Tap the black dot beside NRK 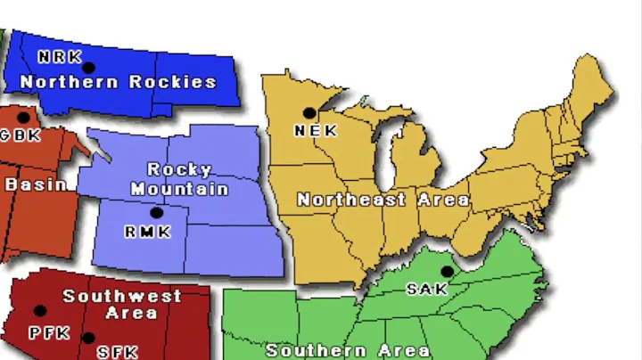[x=88, y=67]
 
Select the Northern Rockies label [x=118, y=82]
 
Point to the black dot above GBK [x=23, y=118]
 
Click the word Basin [x=36, y=184]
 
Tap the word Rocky [x=179, y=169]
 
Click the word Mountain [x=179, y=188]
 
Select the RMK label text [x=145, y=232]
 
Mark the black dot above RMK [x=156, y=213]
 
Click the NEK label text [x=316, y=131]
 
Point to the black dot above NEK [x=309, y=113]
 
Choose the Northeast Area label [x=383, y=200]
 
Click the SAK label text [x=427, y=290]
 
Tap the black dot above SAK [x=447, y=272]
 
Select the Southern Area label [x=347, y=351]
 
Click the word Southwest [x=122, y=296]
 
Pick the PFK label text [x=49, y=333]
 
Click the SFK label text [x=118, y=352]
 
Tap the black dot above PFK [x=40, y=311]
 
